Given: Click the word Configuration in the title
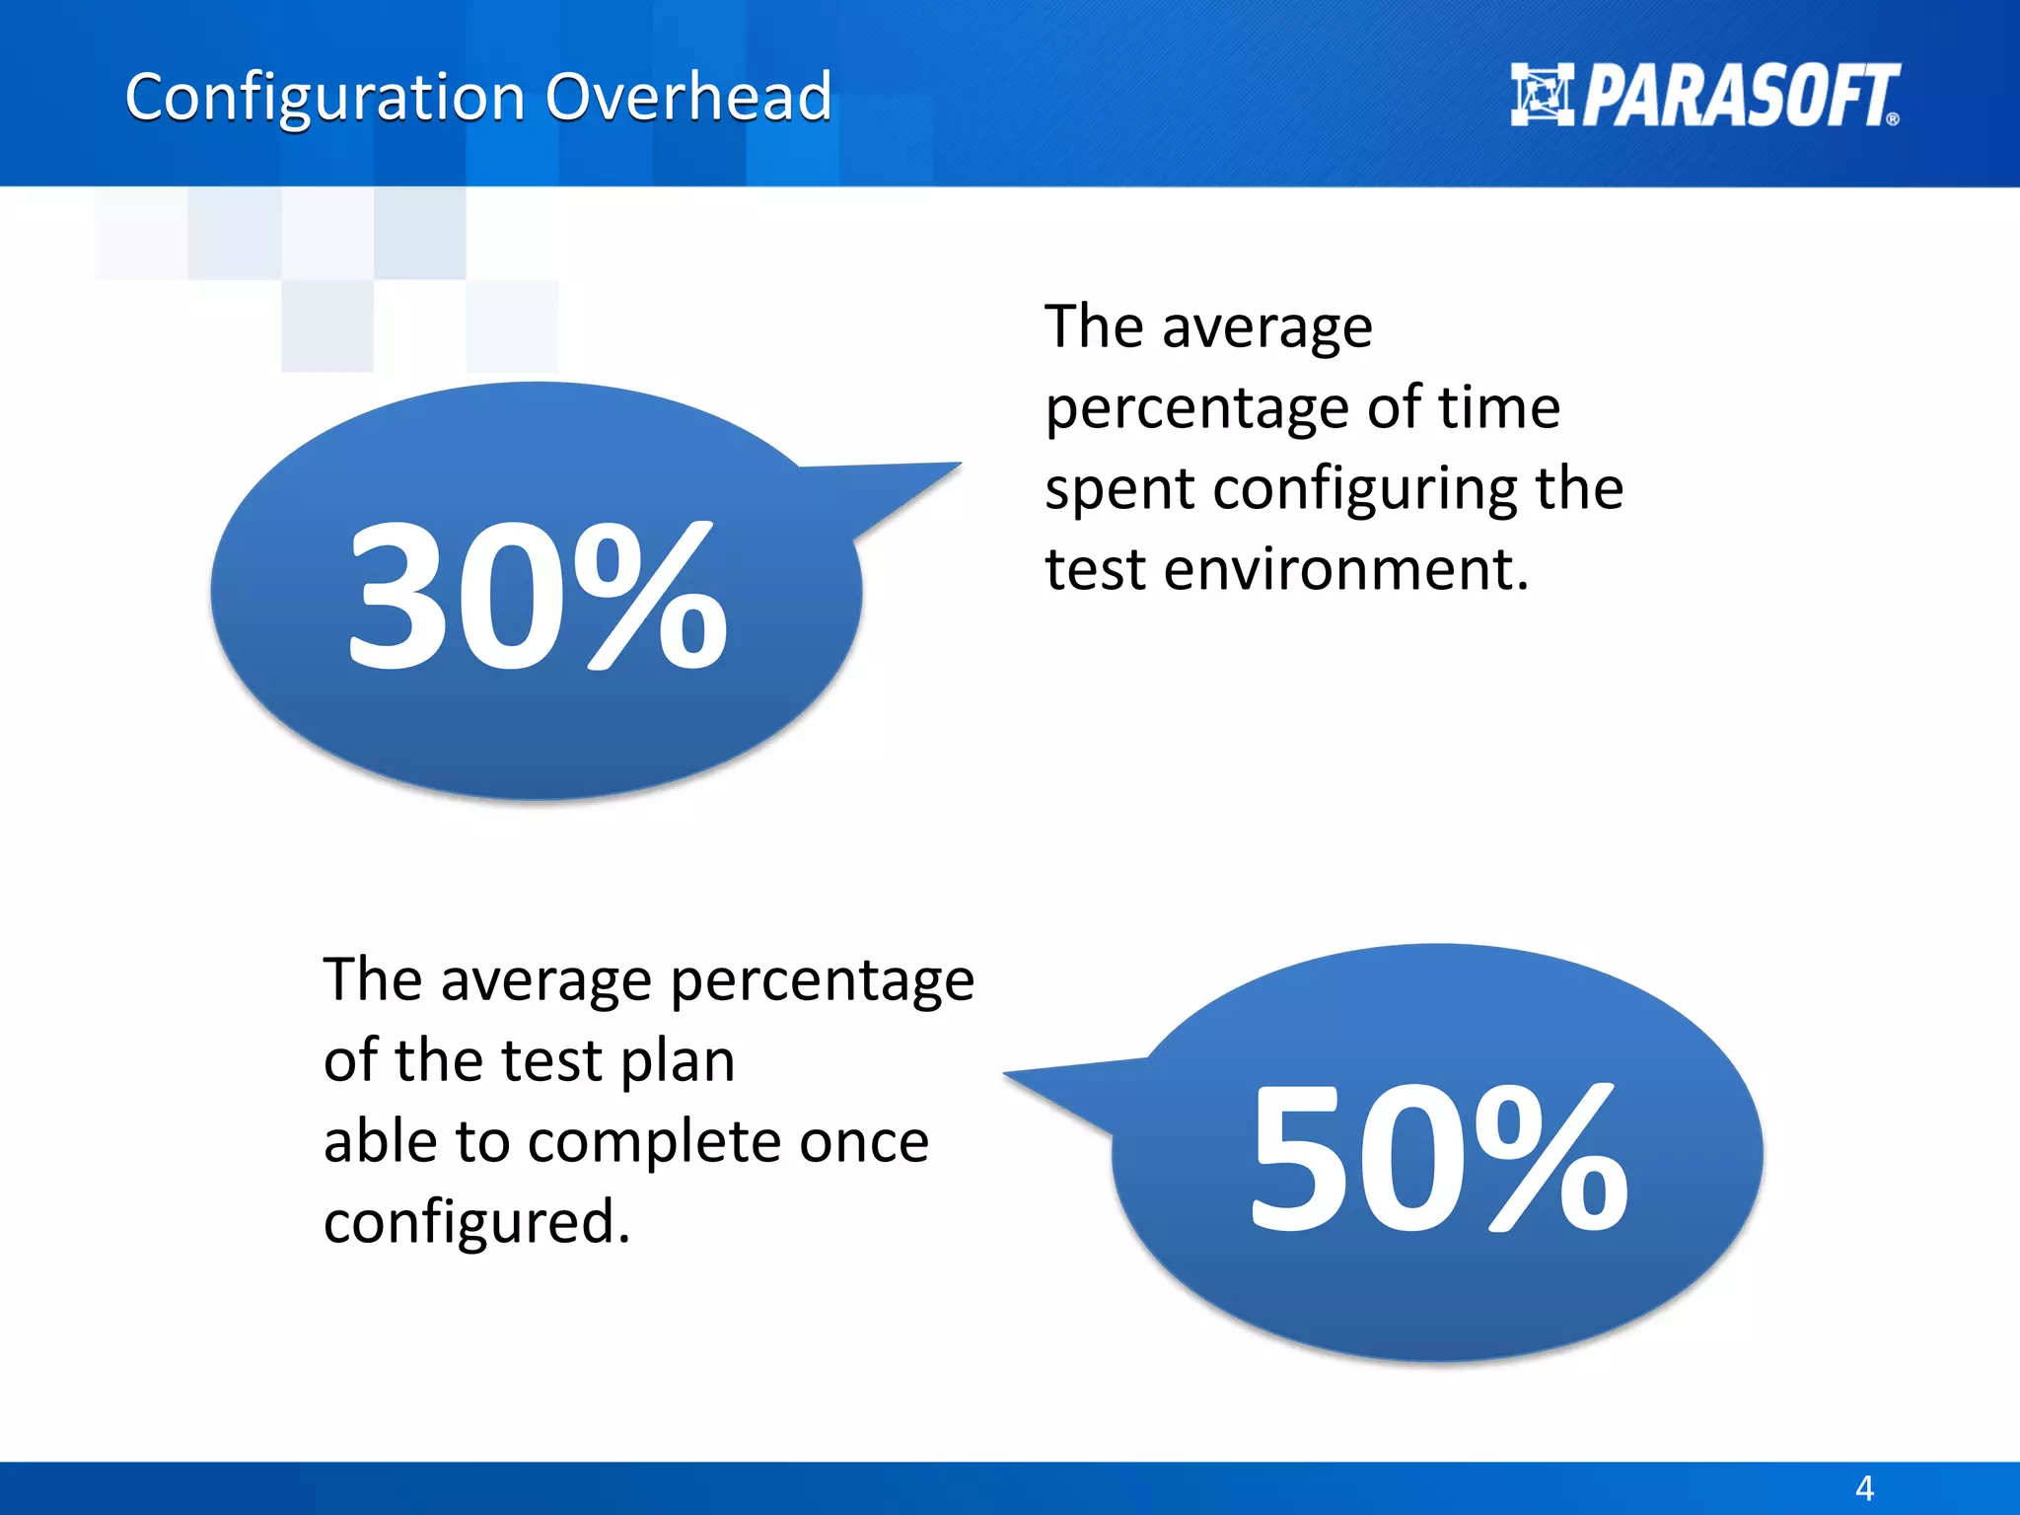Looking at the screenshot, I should (x=325, y=99).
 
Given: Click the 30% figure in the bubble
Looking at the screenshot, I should (x=538, y=597).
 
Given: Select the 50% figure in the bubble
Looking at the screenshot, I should (x=1439, y=1159).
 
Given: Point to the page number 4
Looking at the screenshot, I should (x=1864, y=1487).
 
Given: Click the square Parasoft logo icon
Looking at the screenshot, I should (x=1542, y=95).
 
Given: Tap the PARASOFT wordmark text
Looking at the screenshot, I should (x=1741, y=97).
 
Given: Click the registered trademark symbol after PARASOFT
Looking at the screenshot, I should (x=1892, y=119).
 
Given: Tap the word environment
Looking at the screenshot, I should (x=1346, y=570).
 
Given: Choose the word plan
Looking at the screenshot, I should (x=678, y=1062).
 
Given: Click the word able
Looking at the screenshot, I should (x=381, y=1141).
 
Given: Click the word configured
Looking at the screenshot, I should (x=475, y=1223).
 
